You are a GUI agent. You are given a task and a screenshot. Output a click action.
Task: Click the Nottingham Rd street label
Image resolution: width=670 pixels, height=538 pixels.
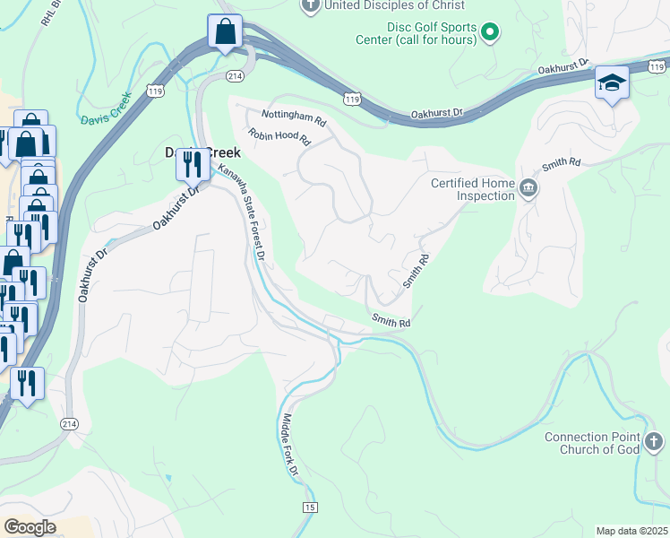294,115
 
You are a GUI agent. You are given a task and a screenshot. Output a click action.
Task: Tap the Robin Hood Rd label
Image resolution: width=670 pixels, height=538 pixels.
279,137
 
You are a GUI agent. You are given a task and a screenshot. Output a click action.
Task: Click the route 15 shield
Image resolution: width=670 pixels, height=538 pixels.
310,508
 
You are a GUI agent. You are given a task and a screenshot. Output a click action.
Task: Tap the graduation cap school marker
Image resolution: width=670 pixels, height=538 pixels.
612,83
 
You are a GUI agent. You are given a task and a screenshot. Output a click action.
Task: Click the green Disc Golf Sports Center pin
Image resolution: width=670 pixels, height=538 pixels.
489,35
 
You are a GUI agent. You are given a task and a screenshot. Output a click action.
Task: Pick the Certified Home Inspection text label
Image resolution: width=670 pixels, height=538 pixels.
473,189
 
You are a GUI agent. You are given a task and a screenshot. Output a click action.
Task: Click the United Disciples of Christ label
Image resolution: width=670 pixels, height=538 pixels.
384,5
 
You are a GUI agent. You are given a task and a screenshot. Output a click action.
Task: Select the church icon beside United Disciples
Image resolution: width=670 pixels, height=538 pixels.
310,6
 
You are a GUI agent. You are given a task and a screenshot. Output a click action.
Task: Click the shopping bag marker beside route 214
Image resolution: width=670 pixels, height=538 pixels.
225,32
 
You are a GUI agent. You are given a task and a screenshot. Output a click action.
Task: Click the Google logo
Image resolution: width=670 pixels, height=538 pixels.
29,526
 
